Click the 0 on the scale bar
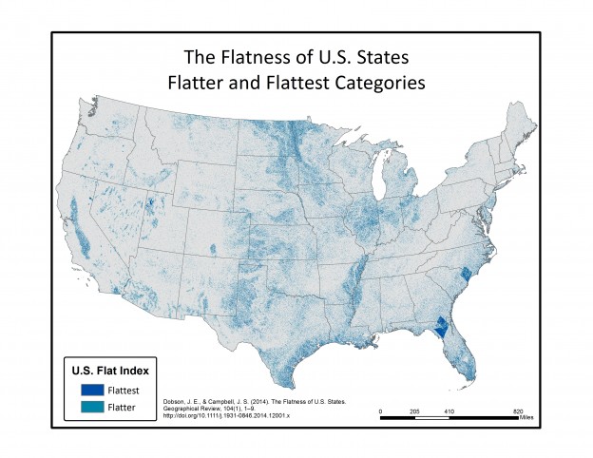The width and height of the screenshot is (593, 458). [381, 411]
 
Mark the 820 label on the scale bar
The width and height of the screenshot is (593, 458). [517, 411]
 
